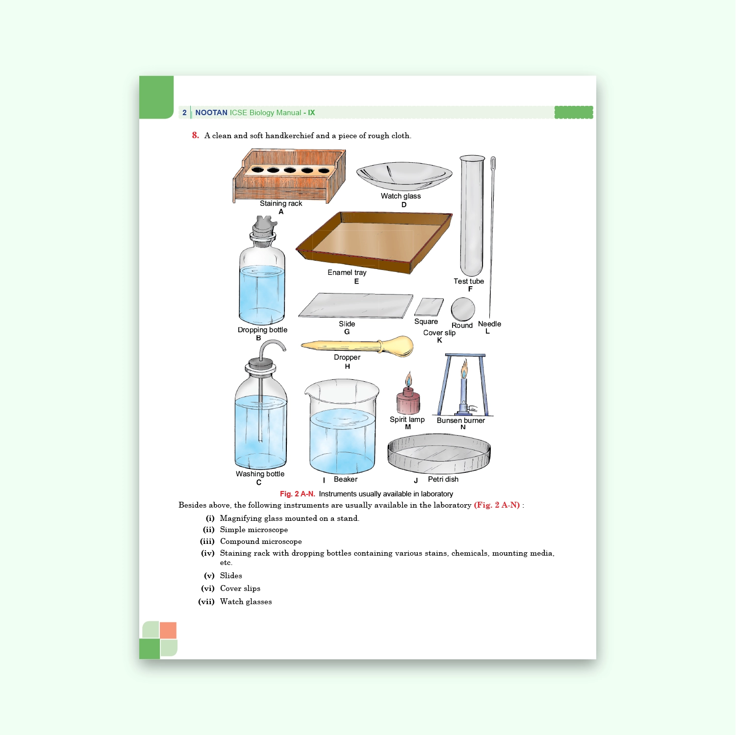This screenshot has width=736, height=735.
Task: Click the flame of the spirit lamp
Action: click(x=408, y=379)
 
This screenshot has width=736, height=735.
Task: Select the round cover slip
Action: click(x=463, y=309)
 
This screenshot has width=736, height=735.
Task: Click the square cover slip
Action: click(x=429, y=307)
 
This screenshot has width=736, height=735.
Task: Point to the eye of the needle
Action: click(x=493, y=163)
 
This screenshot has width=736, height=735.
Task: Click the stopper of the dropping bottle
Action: click(x=263, y=227)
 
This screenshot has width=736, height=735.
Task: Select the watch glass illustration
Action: click(x=404, y=176)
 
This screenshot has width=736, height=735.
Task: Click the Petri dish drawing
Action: click(x=439, y=453)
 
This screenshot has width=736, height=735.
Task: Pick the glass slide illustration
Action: click(x=356, y=306)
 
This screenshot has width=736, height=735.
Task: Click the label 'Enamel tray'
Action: click(x=347, y=272)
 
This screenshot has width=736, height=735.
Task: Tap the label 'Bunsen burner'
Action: click(x=460, y=420)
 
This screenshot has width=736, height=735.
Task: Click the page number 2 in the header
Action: click(x=184, y=113)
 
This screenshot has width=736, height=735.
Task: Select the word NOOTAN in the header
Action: click(x=211, y=113)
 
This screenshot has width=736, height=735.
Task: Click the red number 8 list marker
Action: click(x=195, y=135)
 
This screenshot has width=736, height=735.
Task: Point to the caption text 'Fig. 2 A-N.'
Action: click(x=297, y=494)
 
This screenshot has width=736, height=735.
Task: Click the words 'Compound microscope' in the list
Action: click(x=261, y=541)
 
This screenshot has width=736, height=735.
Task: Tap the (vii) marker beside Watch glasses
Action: click(x=206, y=602)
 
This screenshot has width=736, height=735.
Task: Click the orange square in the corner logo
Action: click(x=168, y=630)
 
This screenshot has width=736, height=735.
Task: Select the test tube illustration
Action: click(x=472, y=216)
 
